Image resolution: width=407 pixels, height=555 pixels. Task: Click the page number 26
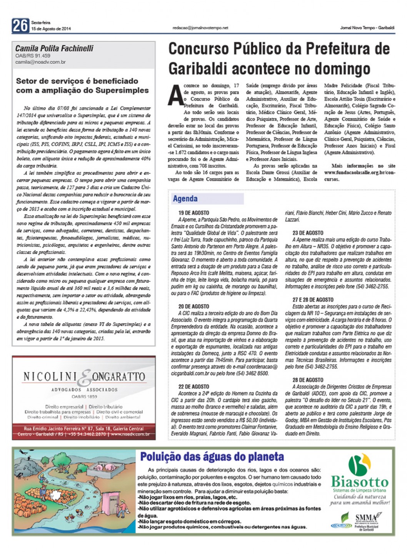(x=20, y=26)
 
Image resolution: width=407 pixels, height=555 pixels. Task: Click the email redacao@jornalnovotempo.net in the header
(x=200, y=28)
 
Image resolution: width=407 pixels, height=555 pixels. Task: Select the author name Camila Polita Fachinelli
(x=54, y=48)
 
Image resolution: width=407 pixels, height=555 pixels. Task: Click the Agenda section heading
(x=185, y=199)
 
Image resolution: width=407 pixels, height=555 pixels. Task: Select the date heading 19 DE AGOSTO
(x=193, y=213)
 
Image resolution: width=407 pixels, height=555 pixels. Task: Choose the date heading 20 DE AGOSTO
(x=193, y=307)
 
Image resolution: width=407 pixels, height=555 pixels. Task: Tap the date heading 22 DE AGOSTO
(x=193, y=387)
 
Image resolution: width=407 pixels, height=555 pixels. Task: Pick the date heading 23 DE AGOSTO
(x=308, y=233)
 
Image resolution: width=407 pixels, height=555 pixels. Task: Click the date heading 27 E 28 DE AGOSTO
(x=313, y=300)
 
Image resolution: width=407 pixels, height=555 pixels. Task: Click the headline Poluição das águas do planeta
(x=212, y=457)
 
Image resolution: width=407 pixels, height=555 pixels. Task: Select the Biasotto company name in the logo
(x=360, y=482)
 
